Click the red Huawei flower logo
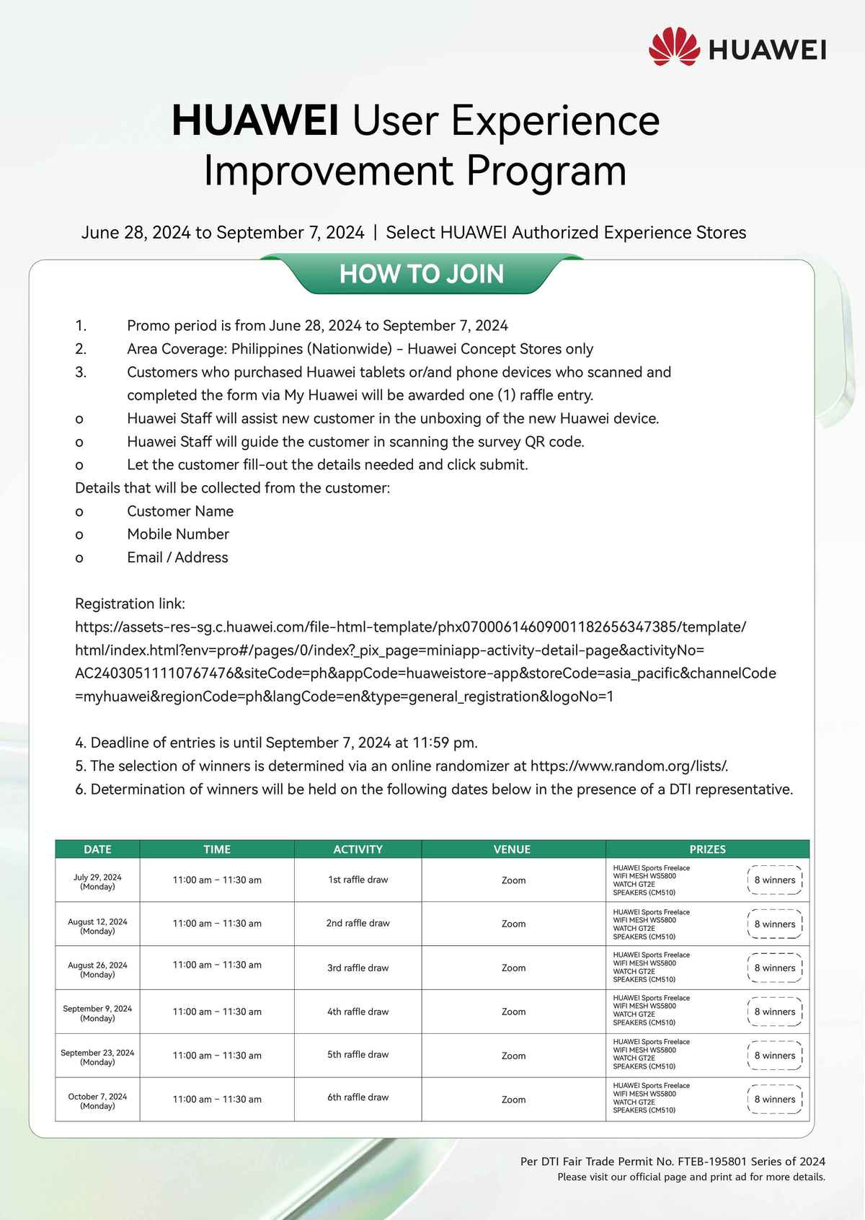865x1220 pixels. coord(674,47)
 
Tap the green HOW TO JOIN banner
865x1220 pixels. coord(422,274)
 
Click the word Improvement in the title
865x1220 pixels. coord(329,171)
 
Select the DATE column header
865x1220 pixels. coord(97,849)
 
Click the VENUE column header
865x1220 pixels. coord(512,849)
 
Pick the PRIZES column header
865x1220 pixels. coord(707,849)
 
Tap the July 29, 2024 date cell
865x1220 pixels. coord(97,882)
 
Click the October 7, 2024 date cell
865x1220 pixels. coord(97,1101)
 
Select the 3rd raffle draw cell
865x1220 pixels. coord(358,968)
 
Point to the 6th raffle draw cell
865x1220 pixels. coord(358,1097)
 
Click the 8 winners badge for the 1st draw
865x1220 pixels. coord(775,880)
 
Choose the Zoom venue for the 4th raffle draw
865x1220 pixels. coord(513,1012)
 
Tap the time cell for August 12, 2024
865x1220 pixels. coord(217,923)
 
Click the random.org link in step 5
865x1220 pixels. coord(629,766)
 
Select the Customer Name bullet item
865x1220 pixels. coord(180,511)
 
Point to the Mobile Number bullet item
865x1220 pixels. coord(178,534)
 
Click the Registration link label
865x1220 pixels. coord(130,604)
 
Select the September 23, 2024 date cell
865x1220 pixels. coord(97,1057)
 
